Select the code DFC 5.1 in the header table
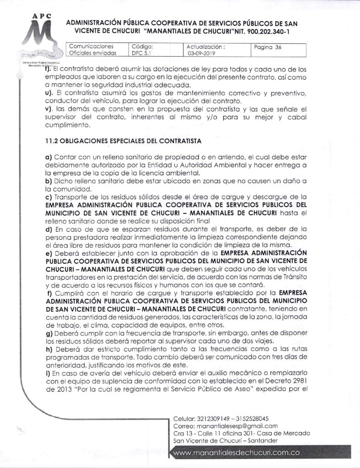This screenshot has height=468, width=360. (140, 53)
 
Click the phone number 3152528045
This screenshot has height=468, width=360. (251, 419)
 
